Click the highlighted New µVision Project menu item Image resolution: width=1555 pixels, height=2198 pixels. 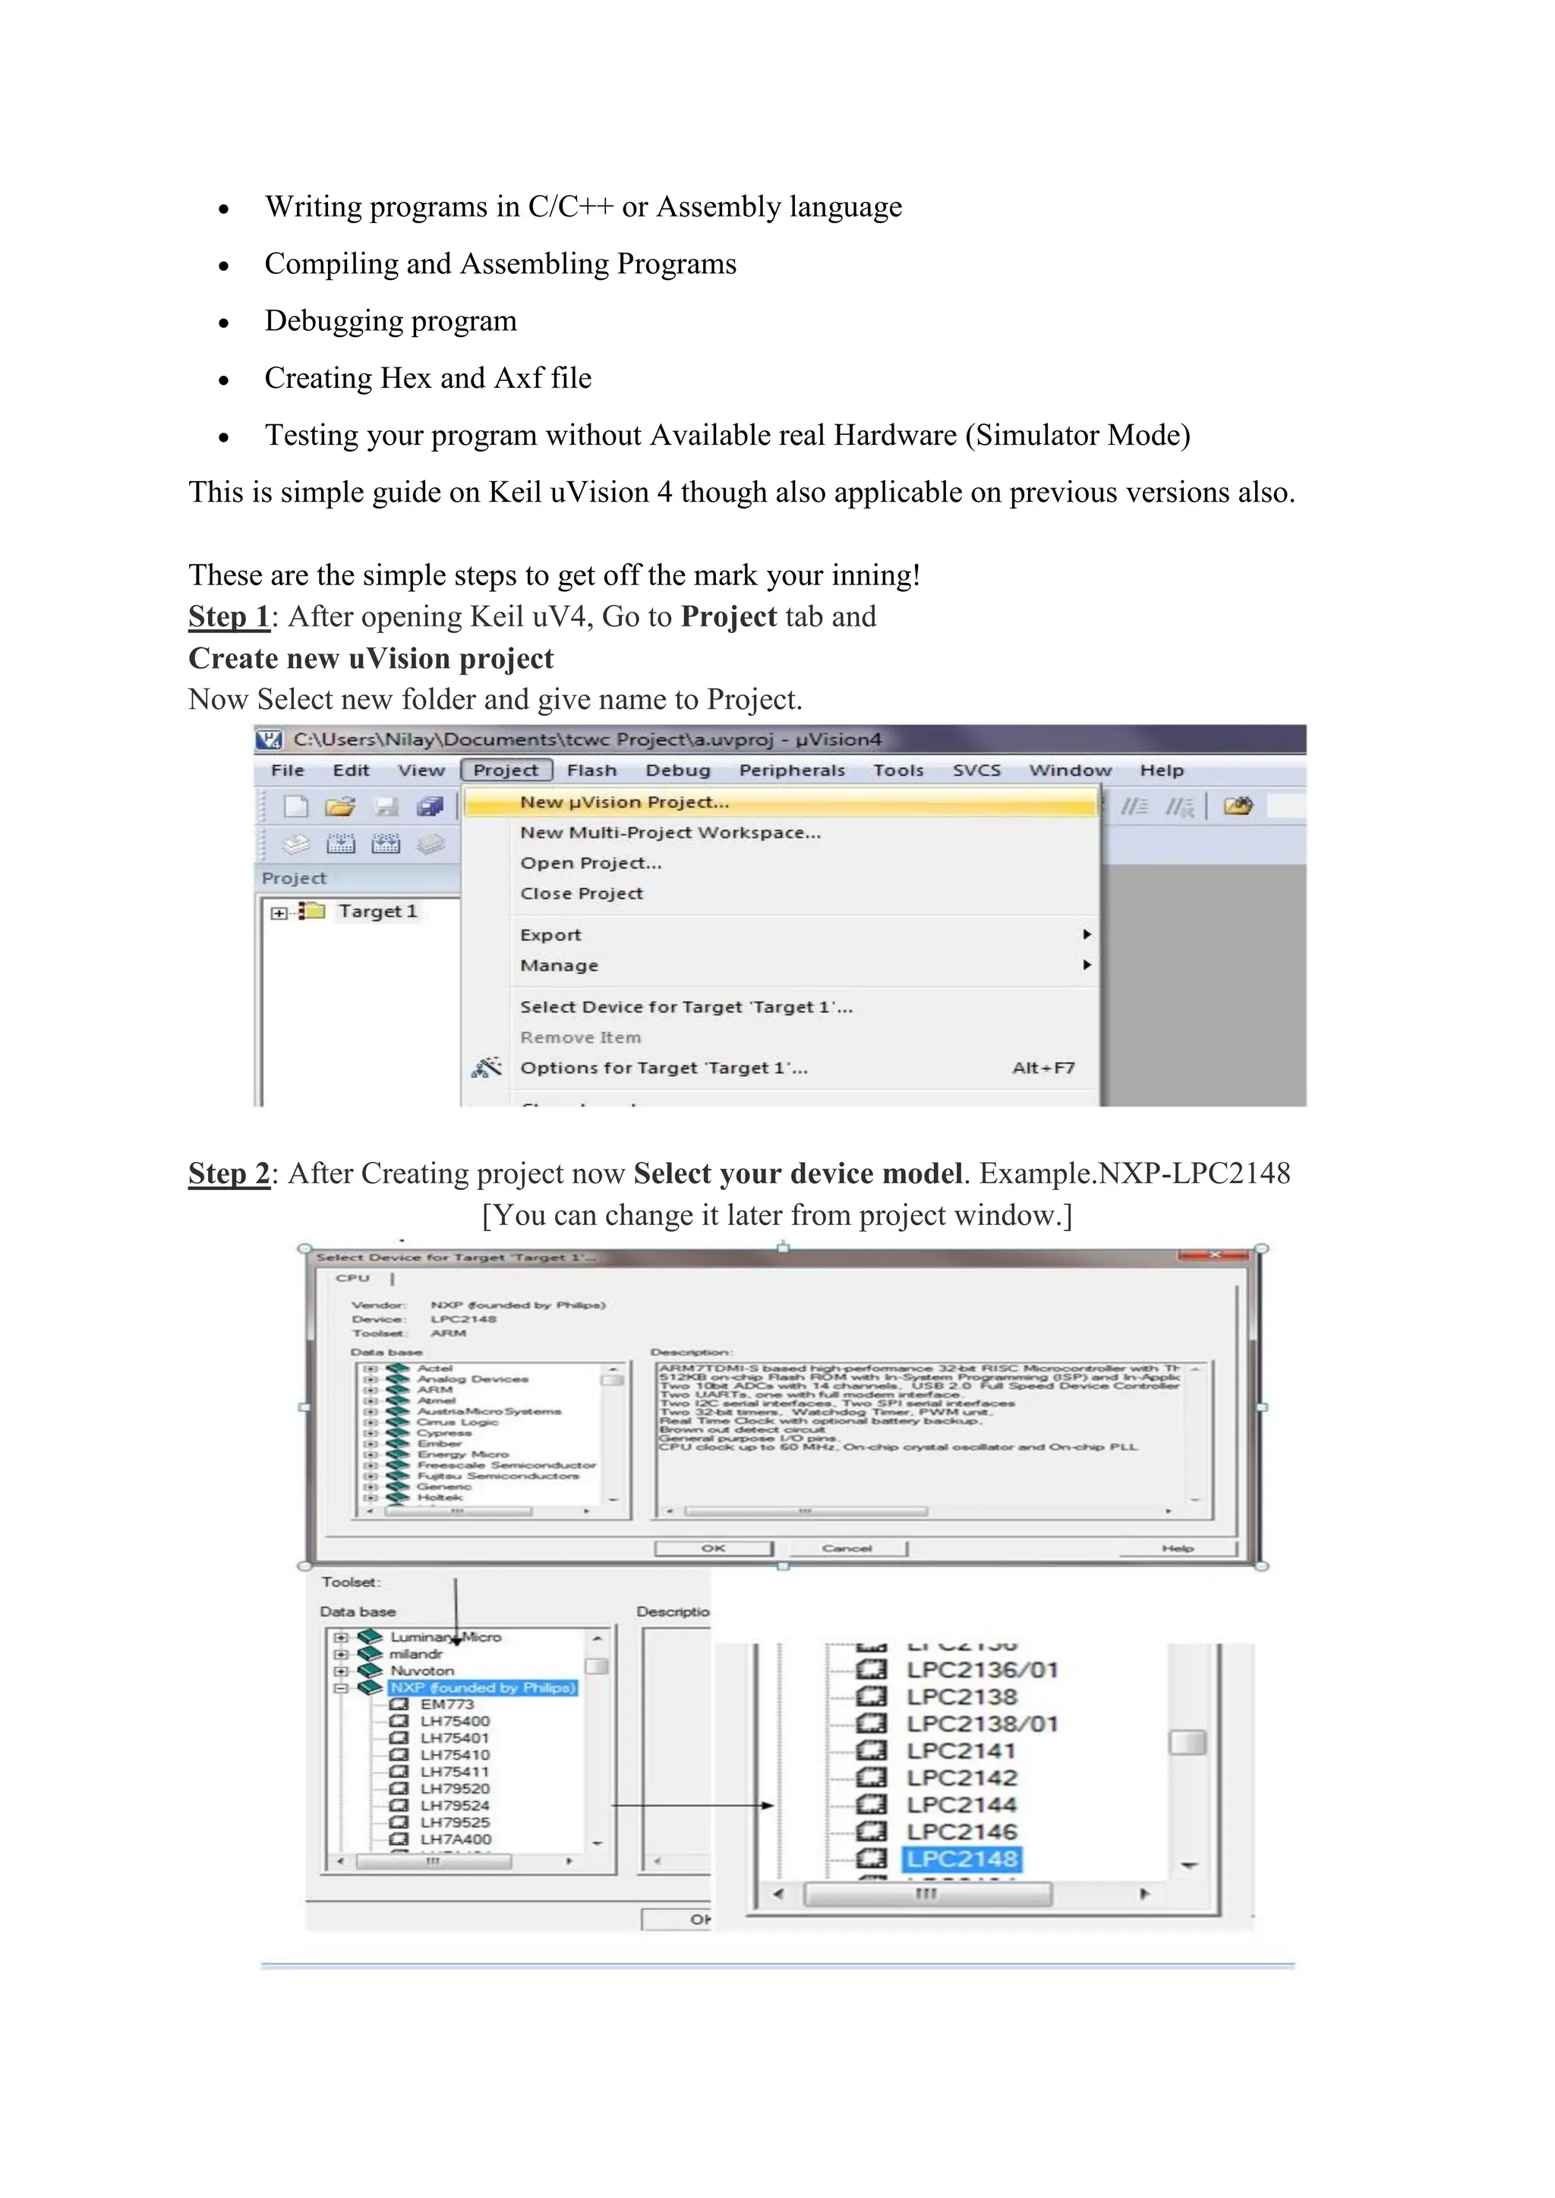coord(624,802)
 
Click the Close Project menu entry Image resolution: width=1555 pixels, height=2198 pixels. coord(581,893)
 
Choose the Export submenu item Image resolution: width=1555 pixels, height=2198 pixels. coord(550,934)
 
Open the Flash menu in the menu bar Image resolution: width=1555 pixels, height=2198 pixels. coord(591,770)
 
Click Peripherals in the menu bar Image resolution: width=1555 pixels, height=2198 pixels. coord(792,770)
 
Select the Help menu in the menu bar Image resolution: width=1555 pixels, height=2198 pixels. coord(1162,770)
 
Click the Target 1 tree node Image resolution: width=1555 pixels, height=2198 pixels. coord(377,912)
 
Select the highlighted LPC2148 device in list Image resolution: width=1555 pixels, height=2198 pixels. coord(961,1858)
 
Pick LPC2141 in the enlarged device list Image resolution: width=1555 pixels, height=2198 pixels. coord(961,1750)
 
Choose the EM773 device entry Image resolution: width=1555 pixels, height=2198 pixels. coord(446,1704)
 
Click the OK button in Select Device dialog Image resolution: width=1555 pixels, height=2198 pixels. coord(714,1548)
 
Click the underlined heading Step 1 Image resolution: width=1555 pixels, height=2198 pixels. coord(229,616)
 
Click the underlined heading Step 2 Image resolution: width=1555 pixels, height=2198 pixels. coord(229,1173)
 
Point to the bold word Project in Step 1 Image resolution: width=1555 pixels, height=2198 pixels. coord(729,616)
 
